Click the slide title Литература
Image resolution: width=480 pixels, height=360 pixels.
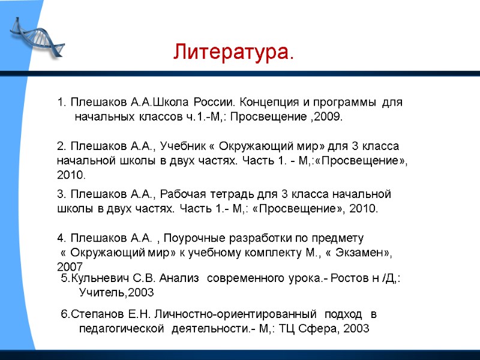pyautogui.click(x=233, y=52)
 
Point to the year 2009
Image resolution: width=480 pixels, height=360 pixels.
pyautogui.click(x=327, y=117)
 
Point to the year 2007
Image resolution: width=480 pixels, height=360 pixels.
pyautogui.click(x=70, y=266)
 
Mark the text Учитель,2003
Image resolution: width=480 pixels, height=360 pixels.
pyautogui.click(x=116, y=293)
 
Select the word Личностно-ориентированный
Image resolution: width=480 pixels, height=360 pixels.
pyautogui.click(x=235, y=314)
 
